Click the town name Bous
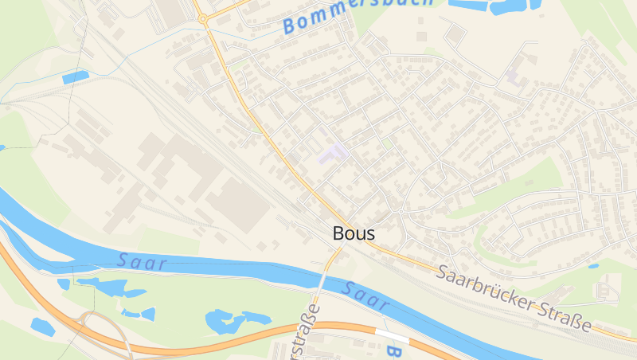pos(354,234)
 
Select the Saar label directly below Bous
pos(366,295)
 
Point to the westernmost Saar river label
pos(142,260)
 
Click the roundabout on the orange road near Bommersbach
pos(203,18)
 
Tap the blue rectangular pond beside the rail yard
pos(76,77)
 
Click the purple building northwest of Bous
pos(334,152)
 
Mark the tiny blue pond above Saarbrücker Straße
pos(593,266)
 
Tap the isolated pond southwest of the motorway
pos(41,327)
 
